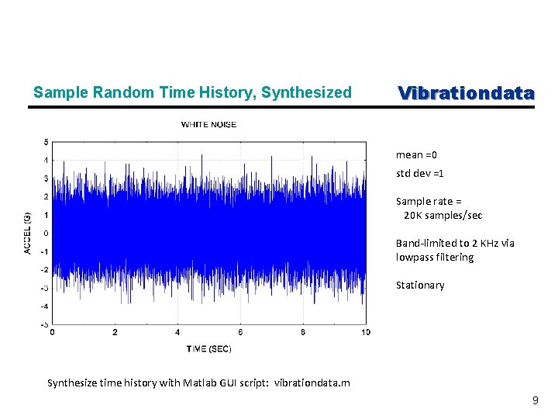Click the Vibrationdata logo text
pyautogui.click(x=466, y=93)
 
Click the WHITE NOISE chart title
pyautogui.click(x=208, y=124)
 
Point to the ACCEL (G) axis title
pyautogui.click(x=27, y=233)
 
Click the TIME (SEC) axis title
pyautogui.click(x=208, y=348)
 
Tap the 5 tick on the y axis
pyautogui.click(x=46, y=142)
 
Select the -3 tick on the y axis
pyautogui.click(x=45, y=288)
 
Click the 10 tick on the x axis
pyautogui.click(x=366, y=332)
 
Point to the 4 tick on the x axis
pyautogui.click(x=177, y=332)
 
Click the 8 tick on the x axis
pyautogui.click(x=303, y=332)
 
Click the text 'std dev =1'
pyautogui.click(x=419, y=173)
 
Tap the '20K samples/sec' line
pyautogui.click(x=443, y=215)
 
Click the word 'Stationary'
pyautogui.click(x=420, y=285)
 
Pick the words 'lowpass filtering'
pyautogui.click(x=434, y=257)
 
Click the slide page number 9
pyautogui.click(x=535, y=400)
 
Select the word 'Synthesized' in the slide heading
pyautogui.click(x=306, y=93)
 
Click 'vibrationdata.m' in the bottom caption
pyautogui.click(x=313, y=383)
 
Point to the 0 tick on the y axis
pyautogui.click(x=46, y=233)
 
